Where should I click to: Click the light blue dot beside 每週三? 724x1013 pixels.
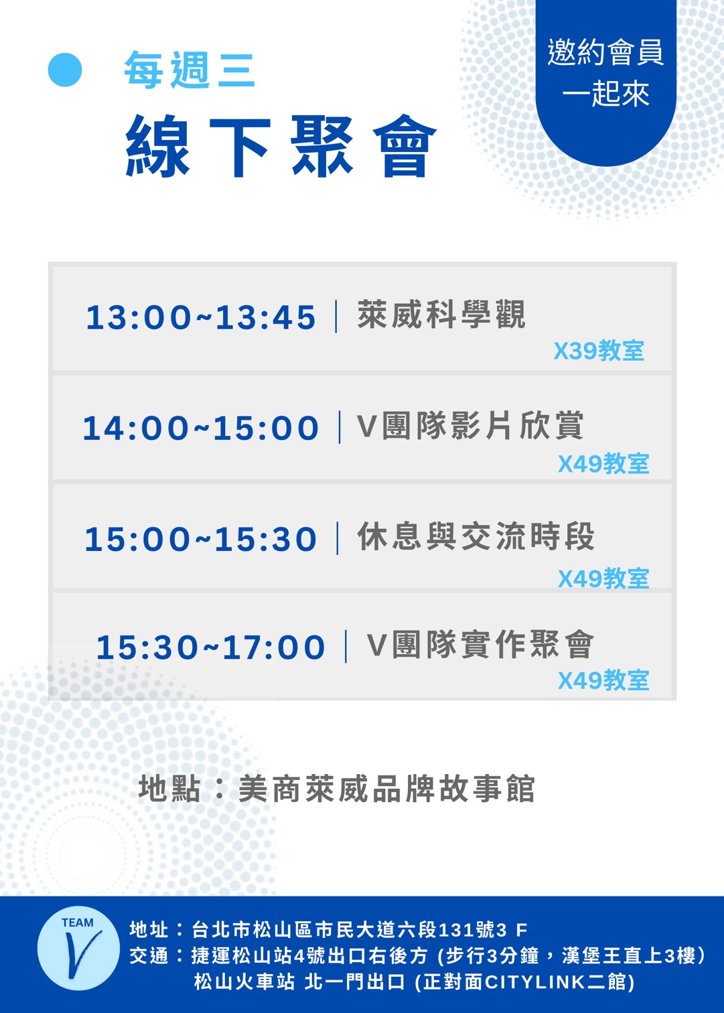pos(65,70)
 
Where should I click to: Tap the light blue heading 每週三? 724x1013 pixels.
pos(190,70)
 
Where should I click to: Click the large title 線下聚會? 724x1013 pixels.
pos(281,145)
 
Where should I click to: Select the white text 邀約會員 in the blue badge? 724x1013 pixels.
pos(605,52)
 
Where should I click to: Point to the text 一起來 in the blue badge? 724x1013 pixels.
pos(605,94)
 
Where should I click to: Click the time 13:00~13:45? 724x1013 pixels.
pos(201,317)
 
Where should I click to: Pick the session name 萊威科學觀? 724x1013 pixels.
pos(441,314)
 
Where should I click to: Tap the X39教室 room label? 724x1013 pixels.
pos(599,351)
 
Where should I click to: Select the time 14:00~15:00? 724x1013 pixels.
pos(201,428)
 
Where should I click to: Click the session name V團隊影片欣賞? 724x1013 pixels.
pos(470,425)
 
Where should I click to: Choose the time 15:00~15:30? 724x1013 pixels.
pos(201,539)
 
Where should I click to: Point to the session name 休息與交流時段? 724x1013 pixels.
pos(476,536)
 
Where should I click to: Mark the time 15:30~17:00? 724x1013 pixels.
pos(211,647)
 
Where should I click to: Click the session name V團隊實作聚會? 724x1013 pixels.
pos(480,645)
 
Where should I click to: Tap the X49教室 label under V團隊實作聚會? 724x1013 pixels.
pos(603,680)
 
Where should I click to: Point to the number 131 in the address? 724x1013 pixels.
pos(455,930)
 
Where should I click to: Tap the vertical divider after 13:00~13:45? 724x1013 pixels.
pos(336,317)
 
